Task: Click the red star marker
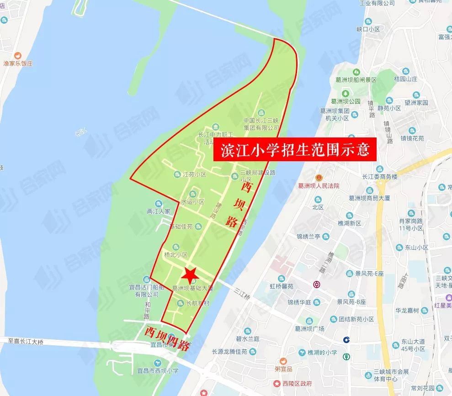(x=190, y=274)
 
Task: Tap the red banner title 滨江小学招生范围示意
(x=295, y=150)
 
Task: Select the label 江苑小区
(x=195, y=174)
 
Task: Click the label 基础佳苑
(x=181, y=227)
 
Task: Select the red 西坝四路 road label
(x=166, y=338)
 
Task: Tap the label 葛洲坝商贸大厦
(x=368, y=198)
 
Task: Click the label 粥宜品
(x=283, y=369)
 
